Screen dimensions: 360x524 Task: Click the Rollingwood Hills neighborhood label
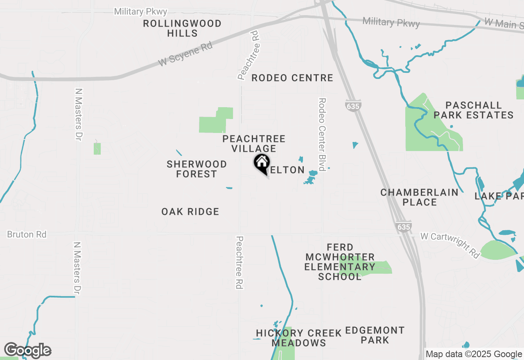182,28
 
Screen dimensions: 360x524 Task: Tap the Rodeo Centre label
292,78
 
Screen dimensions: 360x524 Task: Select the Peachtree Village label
254,144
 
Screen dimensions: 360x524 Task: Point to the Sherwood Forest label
196,169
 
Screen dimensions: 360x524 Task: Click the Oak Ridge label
190,211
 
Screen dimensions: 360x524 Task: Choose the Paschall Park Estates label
473,110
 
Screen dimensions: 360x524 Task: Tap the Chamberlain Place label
419,197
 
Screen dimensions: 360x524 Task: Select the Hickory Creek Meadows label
299,338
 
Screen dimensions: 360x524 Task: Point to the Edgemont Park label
375,335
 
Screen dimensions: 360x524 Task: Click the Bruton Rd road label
27,234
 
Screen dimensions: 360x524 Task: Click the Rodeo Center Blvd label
322,134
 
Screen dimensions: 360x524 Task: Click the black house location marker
262,164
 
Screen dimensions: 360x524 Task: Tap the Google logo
27,350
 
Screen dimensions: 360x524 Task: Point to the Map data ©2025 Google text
474,354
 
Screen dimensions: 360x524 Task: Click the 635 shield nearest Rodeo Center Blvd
352,106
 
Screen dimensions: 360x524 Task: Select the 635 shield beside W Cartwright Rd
403,227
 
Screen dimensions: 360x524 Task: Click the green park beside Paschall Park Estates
430,127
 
